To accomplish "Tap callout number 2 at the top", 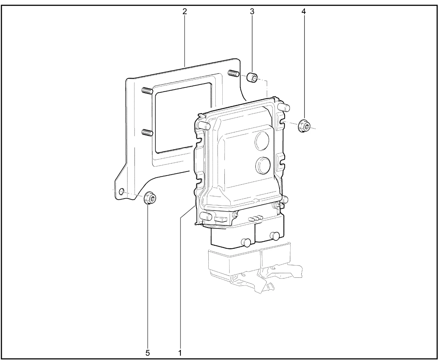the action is [184, 11].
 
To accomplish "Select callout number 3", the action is [252, 11].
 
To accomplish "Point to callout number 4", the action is [303, 11].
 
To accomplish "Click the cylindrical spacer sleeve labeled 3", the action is [252, 78].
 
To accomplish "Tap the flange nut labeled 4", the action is [304, 126].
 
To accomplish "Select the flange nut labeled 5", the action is [150, 197].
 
